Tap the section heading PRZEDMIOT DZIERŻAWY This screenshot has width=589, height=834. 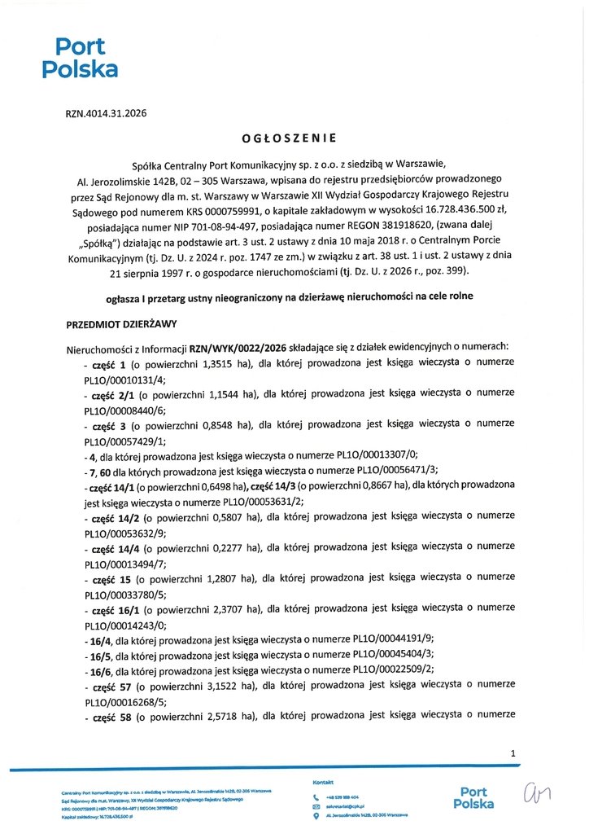(121, 324)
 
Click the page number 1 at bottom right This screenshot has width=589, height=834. (513, 754)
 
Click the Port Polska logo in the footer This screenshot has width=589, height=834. (476, 797)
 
